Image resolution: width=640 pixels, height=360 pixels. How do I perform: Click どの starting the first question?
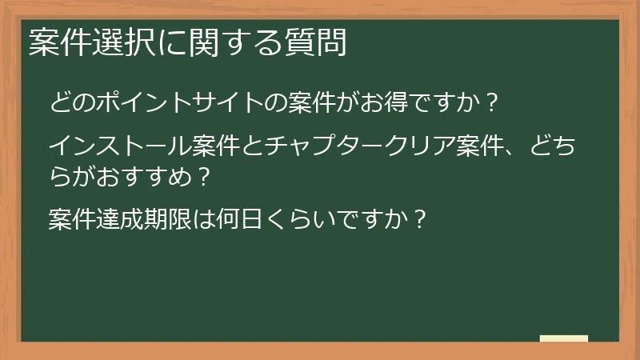[x=70, y=103]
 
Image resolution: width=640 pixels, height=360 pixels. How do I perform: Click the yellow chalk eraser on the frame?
[x=564, y=338]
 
